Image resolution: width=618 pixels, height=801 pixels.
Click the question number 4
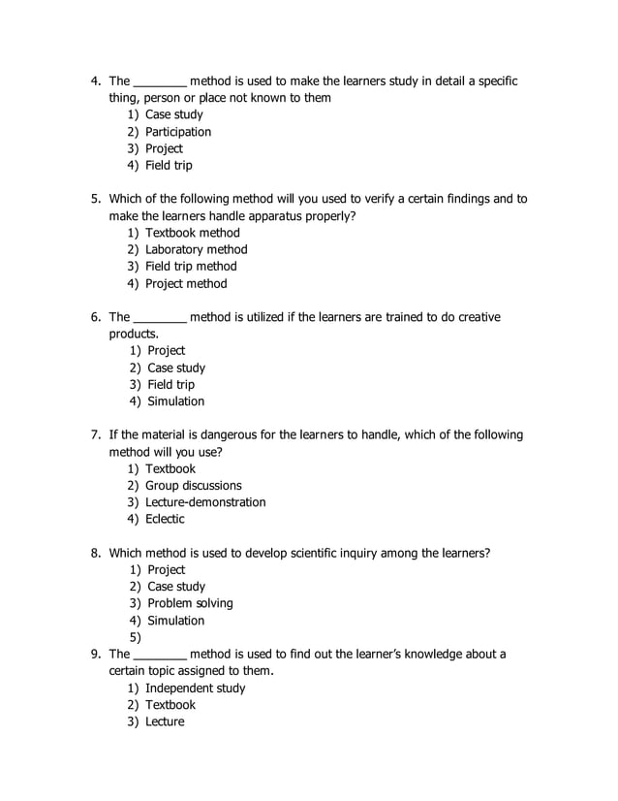[96, 81]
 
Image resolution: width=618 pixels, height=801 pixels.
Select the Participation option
[178, 132]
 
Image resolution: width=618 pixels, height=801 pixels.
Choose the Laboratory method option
[197, 249]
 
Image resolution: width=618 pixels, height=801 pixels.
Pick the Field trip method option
[191, 266]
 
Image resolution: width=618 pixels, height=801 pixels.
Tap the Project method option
[186, 283]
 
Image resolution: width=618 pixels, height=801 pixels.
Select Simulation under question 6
[176, 401]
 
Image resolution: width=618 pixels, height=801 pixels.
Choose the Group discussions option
[194, 485]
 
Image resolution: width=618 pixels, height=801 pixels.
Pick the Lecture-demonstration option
[205, 502]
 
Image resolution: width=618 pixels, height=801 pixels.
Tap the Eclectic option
[165, 519]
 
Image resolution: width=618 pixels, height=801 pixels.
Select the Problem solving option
[190, 603]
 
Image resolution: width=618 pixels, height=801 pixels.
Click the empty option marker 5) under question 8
[135, 637]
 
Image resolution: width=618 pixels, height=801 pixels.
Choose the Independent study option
[195, 688]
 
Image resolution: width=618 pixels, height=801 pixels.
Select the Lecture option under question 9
[165, 721]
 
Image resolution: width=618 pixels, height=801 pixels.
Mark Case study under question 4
[174, 114]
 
